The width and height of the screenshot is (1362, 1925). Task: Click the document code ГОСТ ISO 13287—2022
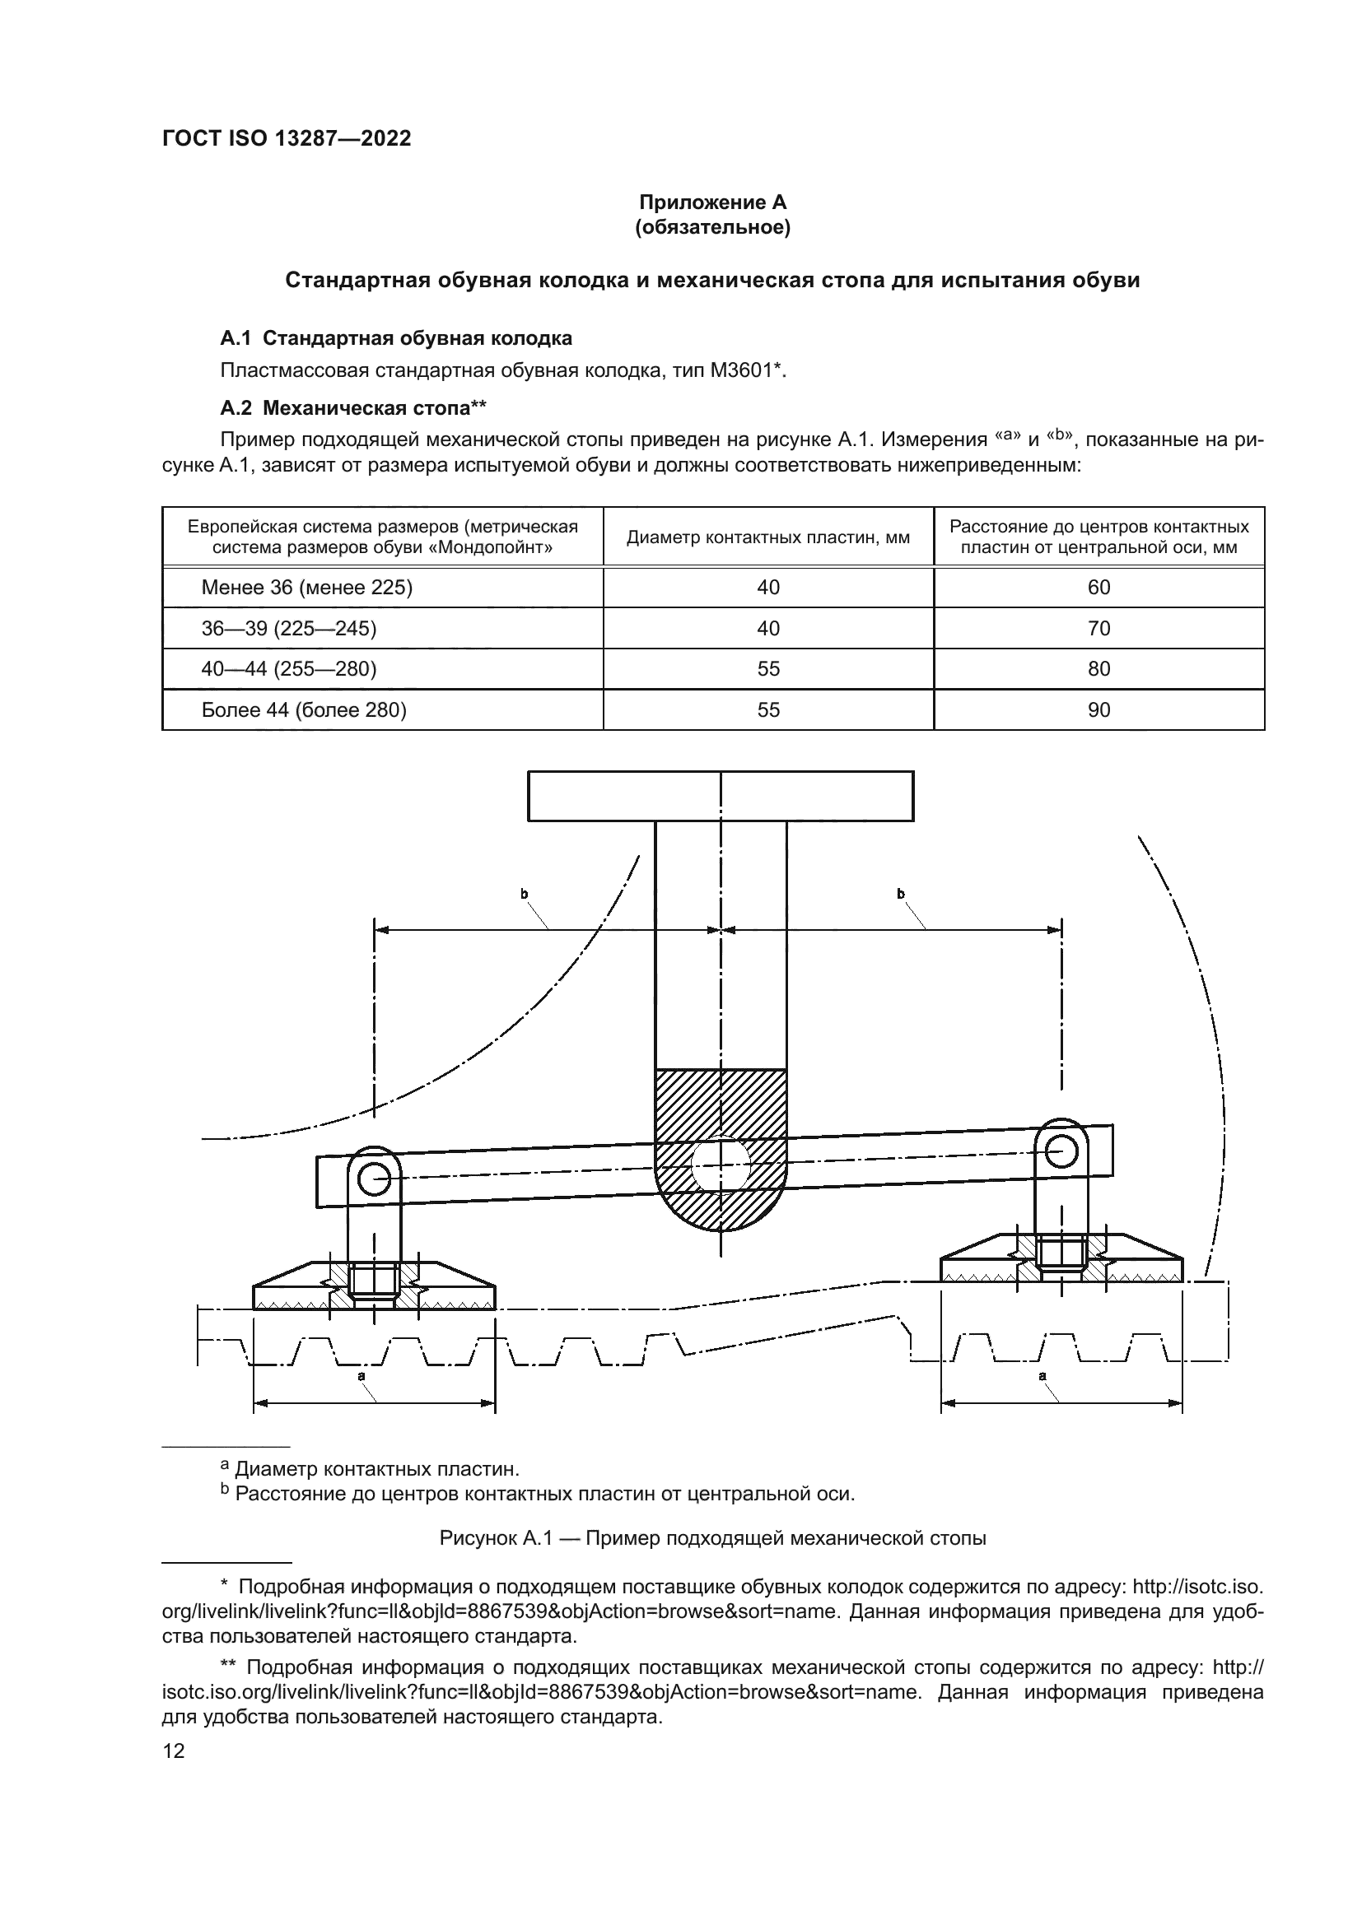click(x=286, y=138)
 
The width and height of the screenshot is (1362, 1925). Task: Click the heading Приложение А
click(x=712, y=202)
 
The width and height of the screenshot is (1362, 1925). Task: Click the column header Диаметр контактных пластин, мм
click(x=767, y=537)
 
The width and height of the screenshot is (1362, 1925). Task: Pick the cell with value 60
click(x=1098, y=587)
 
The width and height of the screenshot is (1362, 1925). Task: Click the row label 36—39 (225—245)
click(x=288, y=628)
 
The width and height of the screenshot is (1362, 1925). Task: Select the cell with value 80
click(x=1098, y=668)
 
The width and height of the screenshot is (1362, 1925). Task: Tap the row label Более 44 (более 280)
click(x=304, y=710)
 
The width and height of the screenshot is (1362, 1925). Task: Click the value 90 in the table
click(x=1098, y=710)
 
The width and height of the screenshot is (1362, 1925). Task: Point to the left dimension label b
click(x=525, y=894)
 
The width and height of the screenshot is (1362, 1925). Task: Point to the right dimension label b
click(x=901, y=894)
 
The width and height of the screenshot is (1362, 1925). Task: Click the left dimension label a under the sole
click(x=361, y=1376)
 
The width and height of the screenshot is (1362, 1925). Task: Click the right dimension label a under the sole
click(x=1042, y=1376)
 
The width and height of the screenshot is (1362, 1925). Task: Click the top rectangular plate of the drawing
click(x=720, y=796)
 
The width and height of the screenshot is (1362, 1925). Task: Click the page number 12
click(x=174, y=1751)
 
